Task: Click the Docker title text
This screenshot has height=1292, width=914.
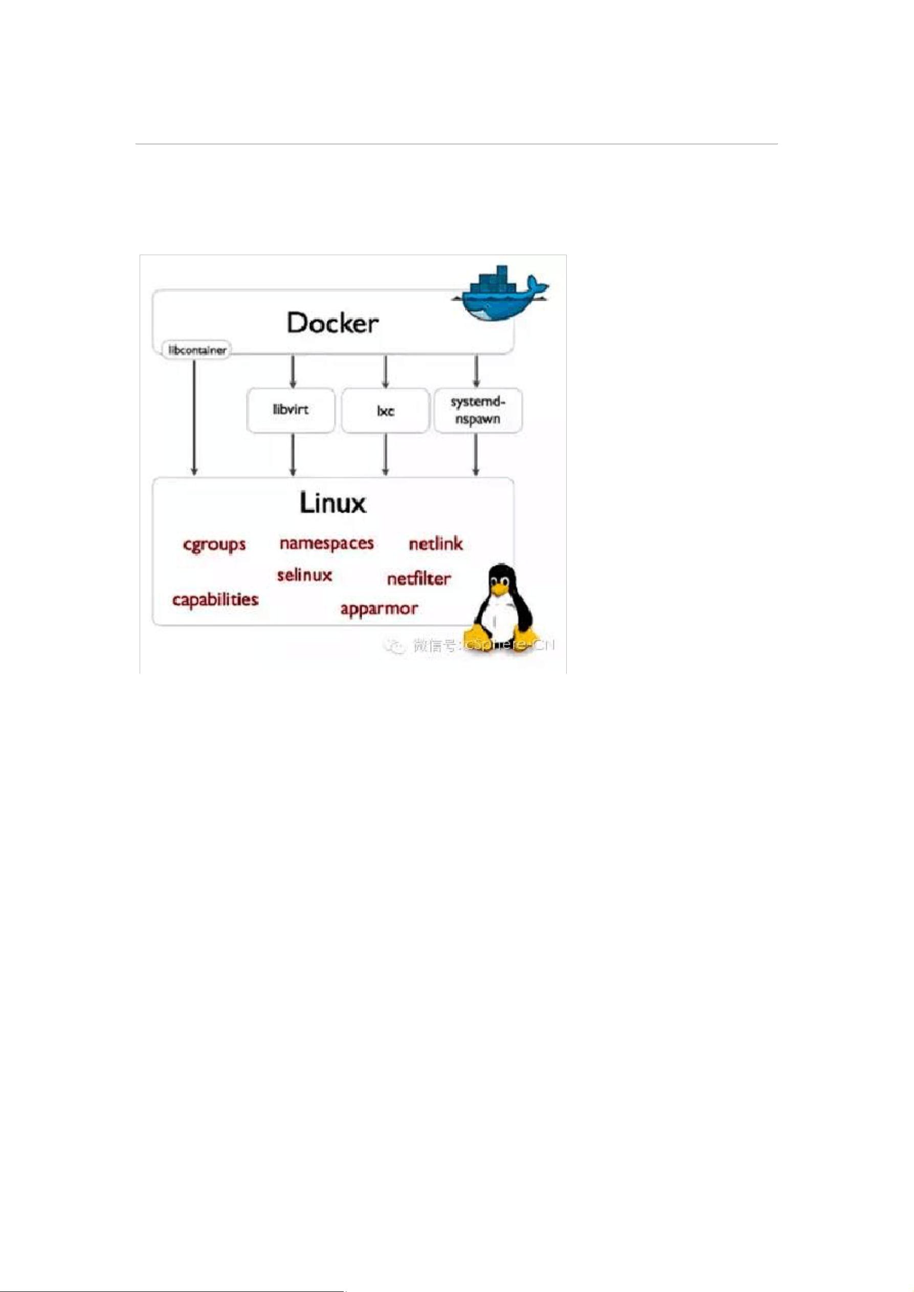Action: [332, 323]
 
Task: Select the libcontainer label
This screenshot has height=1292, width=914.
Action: [197, 350]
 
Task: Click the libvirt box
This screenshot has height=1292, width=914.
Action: [291, 410]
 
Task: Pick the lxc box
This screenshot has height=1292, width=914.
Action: [385, 411]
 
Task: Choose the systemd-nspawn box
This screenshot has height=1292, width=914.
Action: [478, 410]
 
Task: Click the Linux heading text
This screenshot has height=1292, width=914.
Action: [332, 503]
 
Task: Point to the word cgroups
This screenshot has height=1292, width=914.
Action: [214, 545]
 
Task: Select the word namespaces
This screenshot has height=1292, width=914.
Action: [326, 543]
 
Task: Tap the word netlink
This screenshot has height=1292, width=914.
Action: [436, 544]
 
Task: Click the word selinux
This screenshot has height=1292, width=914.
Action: [304, 575]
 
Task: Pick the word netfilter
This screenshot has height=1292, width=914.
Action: [419, 579]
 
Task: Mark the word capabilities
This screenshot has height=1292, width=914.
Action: [215, 600]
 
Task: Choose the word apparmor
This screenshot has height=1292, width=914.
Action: [379, 609]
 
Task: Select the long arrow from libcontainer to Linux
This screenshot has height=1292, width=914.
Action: [195, 416]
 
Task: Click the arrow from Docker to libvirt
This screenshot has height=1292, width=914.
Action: [293, 371]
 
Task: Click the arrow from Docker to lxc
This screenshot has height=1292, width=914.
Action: [386, 371]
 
